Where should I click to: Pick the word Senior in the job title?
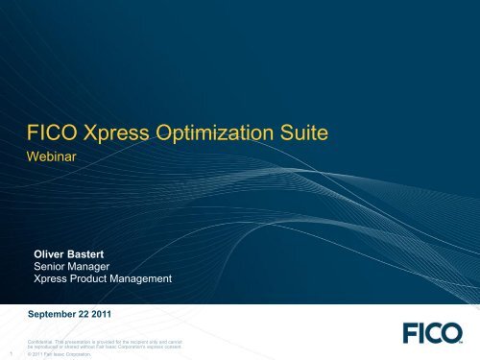(53, 266)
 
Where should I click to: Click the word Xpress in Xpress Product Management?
(54, 279)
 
